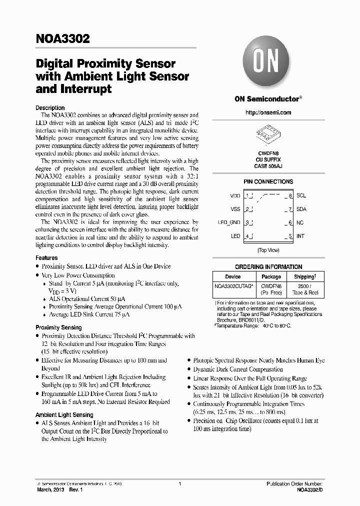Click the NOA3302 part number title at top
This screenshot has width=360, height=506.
point(62,39)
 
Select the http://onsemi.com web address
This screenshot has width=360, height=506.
point(268,112)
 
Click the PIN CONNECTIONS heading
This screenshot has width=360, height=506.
point(268,181)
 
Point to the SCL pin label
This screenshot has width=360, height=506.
point(301,195)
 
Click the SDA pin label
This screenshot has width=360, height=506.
point(301,209)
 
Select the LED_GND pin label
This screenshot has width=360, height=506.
point(229,222)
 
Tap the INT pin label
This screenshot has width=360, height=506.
point(300,236)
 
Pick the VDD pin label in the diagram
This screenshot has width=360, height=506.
point(235,195)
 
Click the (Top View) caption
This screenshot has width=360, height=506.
point(268,249)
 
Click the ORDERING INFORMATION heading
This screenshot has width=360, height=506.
point(268,267)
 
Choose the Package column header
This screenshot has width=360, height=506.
point(271,276)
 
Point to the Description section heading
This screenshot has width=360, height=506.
point(50,107)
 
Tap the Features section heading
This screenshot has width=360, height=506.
point(46,257)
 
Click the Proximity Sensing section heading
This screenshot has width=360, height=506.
point(58,327)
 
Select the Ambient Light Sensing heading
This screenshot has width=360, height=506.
point(64,414)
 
